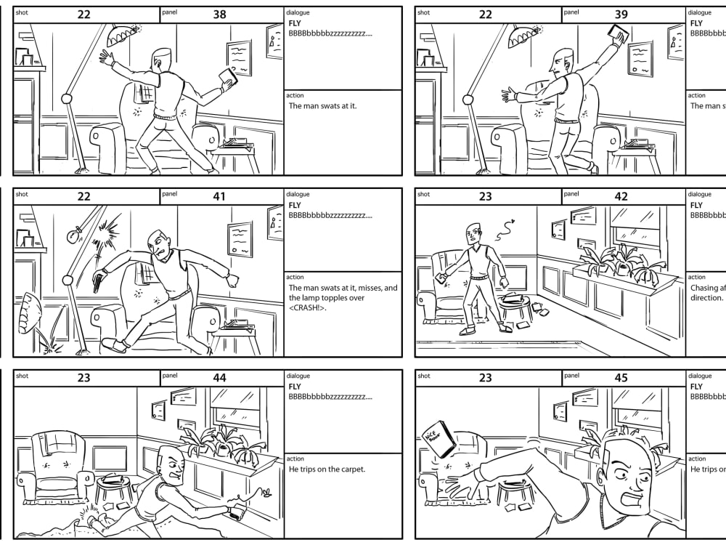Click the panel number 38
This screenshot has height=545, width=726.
219,15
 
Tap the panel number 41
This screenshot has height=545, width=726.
219,196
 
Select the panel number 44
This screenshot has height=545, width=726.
219,378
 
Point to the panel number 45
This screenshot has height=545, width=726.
621,378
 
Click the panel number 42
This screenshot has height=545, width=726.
621,196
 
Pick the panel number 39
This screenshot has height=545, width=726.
621,15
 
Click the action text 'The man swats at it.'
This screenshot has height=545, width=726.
322,106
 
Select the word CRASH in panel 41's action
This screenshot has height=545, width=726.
308,308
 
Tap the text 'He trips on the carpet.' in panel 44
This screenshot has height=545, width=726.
327,469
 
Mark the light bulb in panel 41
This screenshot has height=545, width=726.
73,235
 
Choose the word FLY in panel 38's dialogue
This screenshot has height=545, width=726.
295,23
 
